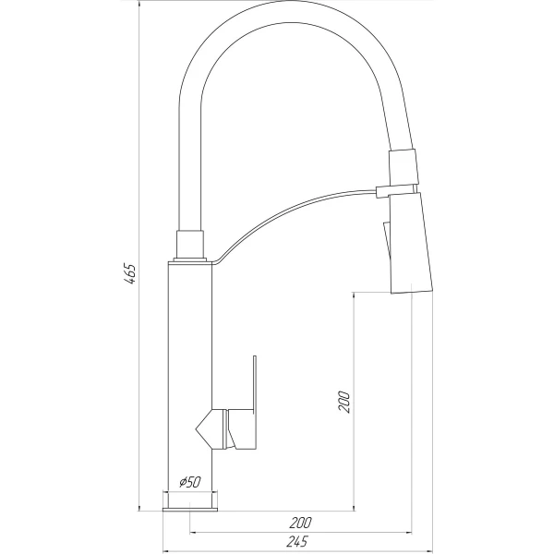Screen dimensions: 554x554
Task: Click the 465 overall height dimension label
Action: pos(131,274)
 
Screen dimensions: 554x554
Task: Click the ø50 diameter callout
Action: pos(188,481)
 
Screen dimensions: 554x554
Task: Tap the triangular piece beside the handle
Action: pos(206,428)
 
